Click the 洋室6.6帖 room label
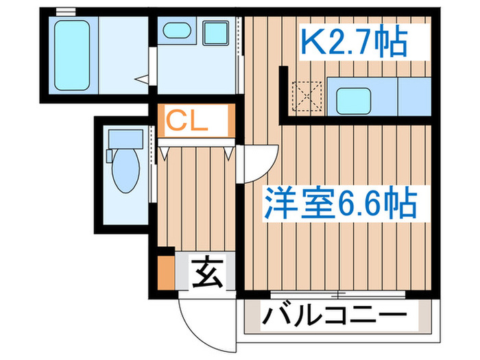click(x=339, y=202)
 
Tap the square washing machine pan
click(x=217, y=32)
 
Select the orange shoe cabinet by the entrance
click(x=166, y=272)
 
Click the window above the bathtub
click(x=65, y=10)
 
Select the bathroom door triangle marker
click(x=142, y=80)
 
